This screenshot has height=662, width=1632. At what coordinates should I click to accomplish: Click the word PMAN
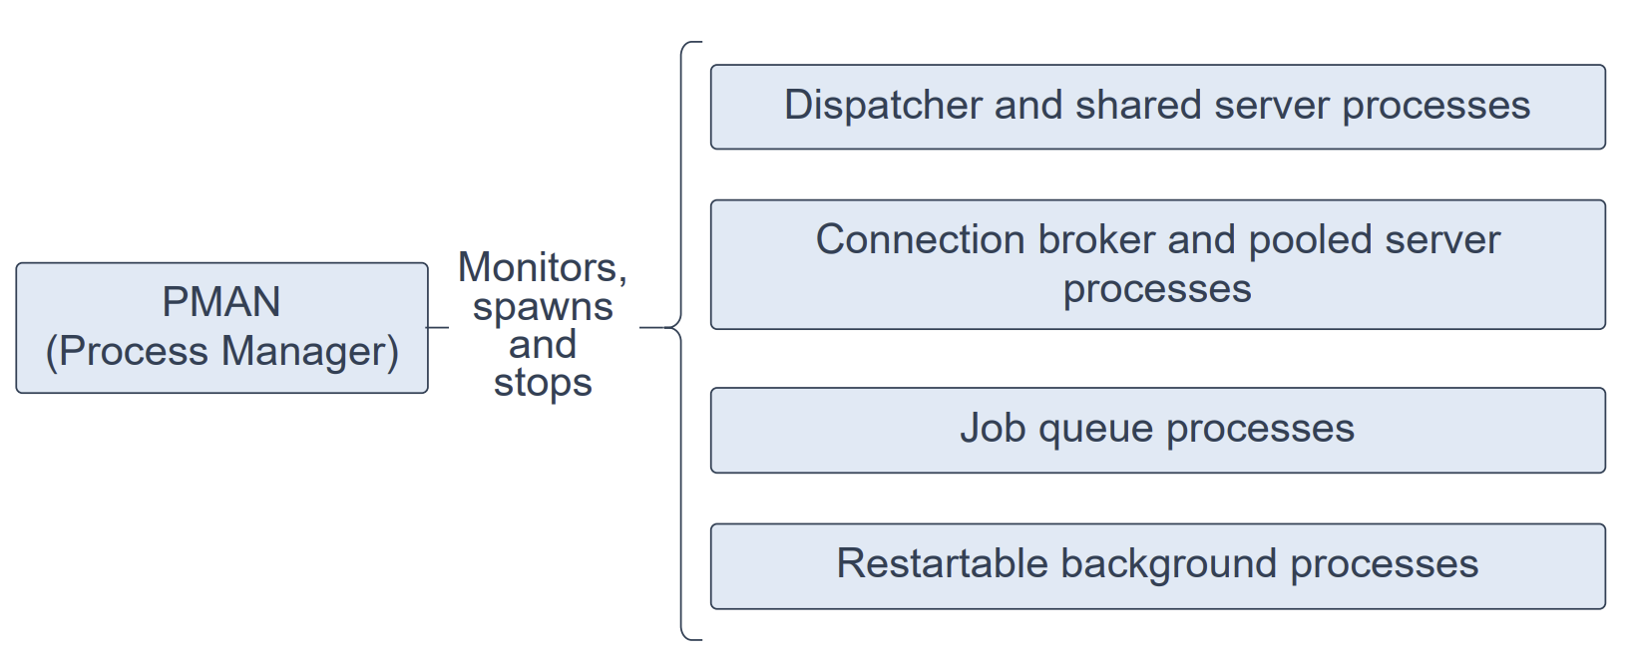[x=221, y=301]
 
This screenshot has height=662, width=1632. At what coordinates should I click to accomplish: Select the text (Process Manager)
[x=222, y=352]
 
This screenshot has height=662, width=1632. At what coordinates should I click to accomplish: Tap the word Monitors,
[x=543, y=267]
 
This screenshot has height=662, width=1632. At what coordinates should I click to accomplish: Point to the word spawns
[x=543, y=308]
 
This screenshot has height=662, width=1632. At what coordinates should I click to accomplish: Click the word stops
[x=543, y=383]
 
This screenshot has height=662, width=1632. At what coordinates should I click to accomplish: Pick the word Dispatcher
[x=883, y=105]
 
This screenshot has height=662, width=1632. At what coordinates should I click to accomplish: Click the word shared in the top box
[x=1138, y=105]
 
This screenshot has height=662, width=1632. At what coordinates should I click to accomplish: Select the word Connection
[x=921, y=239]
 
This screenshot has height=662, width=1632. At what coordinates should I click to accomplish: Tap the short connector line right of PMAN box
[x=437, y=328]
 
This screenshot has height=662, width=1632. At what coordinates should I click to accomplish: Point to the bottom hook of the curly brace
[x=690, y=638]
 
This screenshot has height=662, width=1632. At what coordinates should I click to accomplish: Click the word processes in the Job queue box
[x=1261, y=430]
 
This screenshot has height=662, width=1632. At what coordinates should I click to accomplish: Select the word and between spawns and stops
[x=543, y=345]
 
